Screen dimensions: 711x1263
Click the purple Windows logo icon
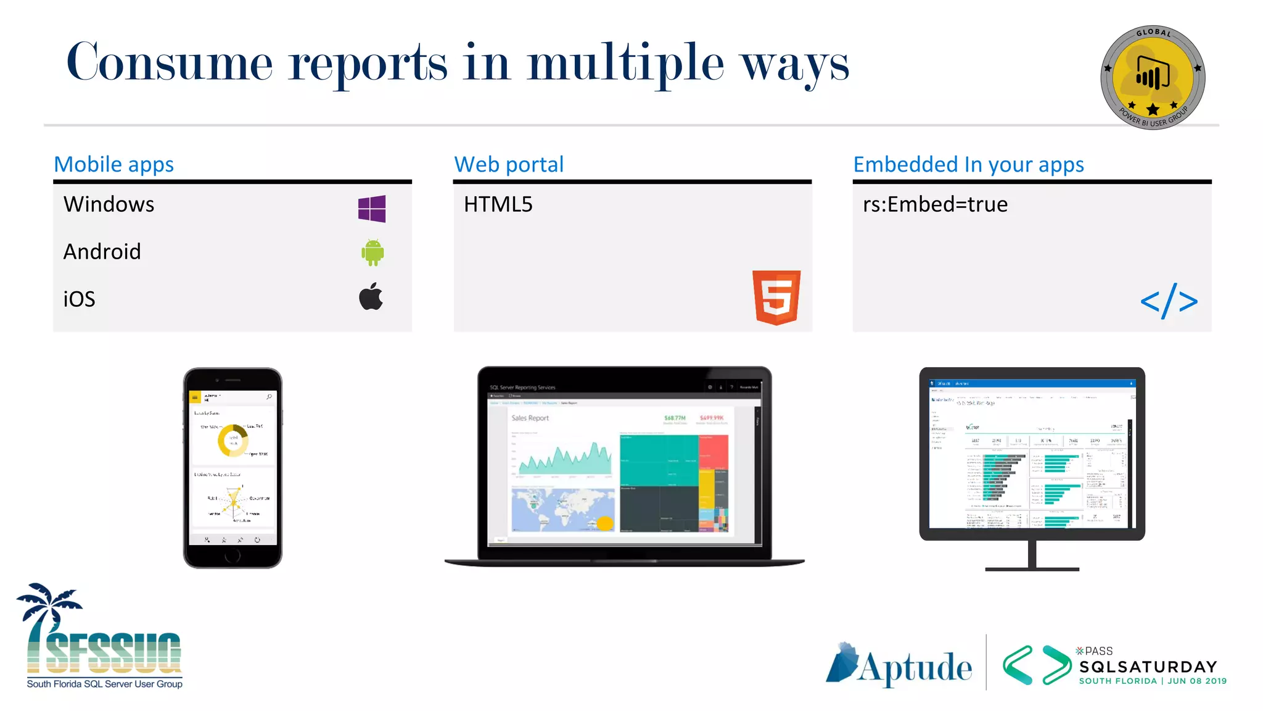pyautogui.click(x=372, y=209)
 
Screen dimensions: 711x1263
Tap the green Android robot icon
pyautogui.click(x=372, y=252)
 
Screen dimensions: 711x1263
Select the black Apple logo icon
pyautogui.click(x=371, y=297)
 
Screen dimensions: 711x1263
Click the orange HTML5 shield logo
pyautogui.click(x=776, y=297)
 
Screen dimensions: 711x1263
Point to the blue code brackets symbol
pyautogui.click(x=1169, y=301)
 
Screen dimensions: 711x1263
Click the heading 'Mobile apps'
pyautogui.click(x=114, y=164)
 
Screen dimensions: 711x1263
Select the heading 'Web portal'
pyautogui.click(x=509, y=164)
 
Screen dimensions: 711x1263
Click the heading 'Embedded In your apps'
pyautogui.click(x=968, y=164)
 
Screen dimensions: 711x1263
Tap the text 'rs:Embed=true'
pyautogui.click(x=935, y=204)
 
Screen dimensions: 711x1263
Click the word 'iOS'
pyautogui.click(x=80, y=299)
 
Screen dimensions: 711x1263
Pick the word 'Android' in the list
pyautogui.click(x=102, y=252)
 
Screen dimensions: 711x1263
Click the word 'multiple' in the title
pyautogui.click(x=625, y=64)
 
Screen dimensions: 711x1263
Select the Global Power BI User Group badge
pyautogui.click(x=1153, y=77)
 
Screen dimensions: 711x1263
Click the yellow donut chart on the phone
pyautogui.click(x=233, y=440)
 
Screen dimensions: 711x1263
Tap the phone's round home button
pyautogui.click(x=232, y=555)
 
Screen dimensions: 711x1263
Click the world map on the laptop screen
pyautogui.click(x=562, y=510)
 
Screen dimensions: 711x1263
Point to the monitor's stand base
pyautogui.click(x=1032, y=568)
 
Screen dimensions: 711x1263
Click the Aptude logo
pyautogui.click(x=899, y=665)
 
